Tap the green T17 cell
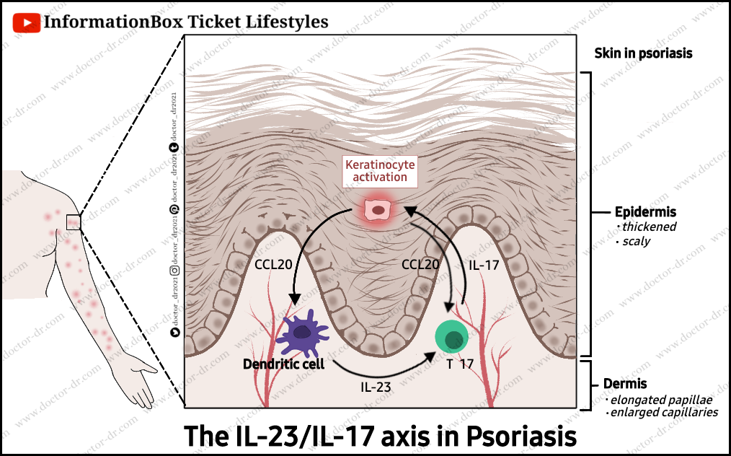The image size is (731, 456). [x=452, y=338]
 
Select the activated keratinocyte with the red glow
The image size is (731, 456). [x=376, y=210]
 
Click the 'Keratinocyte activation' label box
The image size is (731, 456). [x=376, y=171]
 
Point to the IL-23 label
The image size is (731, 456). [x=376, y=387]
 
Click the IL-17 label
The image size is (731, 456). [x=484, y=266]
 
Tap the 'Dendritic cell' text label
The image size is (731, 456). [x=284, y=364]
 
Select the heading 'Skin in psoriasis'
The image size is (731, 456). [x=643, y=53]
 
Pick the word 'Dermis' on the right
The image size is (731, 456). [x=625, y=384]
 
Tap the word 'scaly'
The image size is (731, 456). [x=637, y=241]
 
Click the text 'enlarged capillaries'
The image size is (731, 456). [x=664, y=413]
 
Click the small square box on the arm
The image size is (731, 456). [x=74, y=222]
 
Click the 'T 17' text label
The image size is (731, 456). [x=460, y=364]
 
